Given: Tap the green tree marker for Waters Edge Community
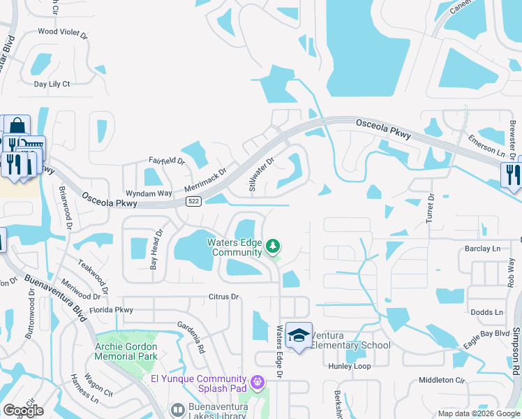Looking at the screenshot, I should coord(273,246).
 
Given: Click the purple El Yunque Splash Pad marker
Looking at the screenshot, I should coord(258,382).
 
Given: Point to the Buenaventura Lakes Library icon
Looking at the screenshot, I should coord(177,410).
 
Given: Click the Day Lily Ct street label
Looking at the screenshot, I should coord(52,84).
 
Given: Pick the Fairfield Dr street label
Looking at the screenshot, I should coord(165,161).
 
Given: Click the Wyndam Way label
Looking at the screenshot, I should coord(149,193).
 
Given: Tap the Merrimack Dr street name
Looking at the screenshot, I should coord(206,180).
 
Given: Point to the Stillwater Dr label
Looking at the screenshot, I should coord(262,174).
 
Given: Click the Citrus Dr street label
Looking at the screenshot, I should coord(223,297).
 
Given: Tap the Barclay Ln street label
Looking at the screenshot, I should coord(483,249).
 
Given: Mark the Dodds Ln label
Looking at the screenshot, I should coord(486,312).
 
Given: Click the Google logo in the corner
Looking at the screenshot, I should coord(23,411).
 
